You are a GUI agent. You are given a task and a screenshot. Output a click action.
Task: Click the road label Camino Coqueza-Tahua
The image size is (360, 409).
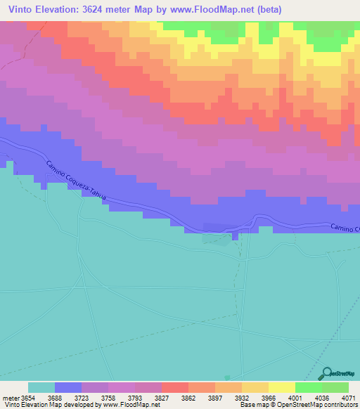pyautogui.click(x=76, y=182)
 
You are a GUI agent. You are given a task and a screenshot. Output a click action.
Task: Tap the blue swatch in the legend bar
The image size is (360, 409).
pyautogui.click(x=68, y=387)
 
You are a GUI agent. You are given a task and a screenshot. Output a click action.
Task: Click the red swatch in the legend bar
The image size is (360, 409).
pyautogui.click(x=175, y=387)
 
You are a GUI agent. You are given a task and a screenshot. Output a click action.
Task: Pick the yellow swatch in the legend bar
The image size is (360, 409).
pyautogui.click(x=282, y=387)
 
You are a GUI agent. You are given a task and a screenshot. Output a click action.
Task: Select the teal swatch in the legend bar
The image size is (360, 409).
pyautogui.click(x=41, y=387)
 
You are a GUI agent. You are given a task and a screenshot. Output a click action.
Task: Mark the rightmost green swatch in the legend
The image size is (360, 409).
pyautogui.click(x=335, y=387)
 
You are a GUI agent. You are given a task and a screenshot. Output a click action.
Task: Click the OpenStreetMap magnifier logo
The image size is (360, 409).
pyautogui.click(x=326, y=373)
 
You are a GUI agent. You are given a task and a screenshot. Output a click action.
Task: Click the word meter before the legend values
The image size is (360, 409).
pyautogui.click(x=11, y=398)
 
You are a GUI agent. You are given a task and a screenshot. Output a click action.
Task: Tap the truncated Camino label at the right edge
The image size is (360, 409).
pyautogui.click(x=345, y=228)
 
